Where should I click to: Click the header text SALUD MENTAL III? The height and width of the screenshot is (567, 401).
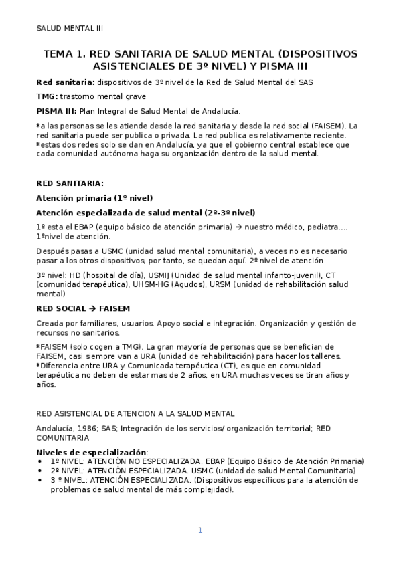[x=70, y=29]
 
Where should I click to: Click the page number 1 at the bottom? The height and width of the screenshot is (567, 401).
[x=199, y=530]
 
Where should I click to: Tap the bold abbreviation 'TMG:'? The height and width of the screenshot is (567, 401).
[x=48, y=96]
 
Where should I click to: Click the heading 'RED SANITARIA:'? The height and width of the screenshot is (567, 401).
[x=70, y=183]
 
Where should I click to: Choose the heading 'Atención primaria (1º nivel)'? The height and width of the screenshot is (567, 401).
[x=94, y=198]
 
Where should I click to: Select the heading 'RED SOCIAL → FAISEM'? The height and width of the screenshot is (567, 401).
[x=82, y=308]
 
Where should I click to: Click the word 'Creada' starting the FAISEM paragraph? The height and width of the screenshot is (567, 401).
[x=50, y=323]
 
